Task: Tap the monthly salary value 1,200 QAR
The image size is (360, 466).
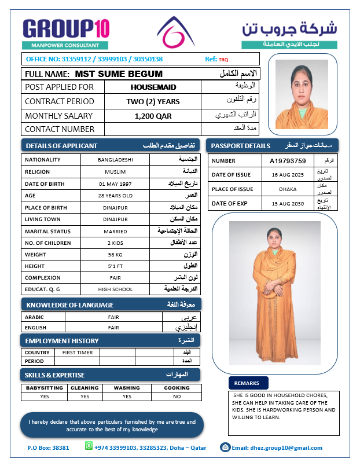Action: [153, 116]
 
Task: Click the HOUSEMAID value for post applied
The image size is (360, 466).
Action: [153, 87]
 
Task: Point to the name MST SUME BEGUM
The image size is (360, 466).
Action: [119, 74]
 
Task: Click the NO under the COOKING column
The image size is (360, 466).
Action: [177, 397]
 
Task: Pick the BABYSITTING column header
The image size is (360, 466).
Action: [45, 388]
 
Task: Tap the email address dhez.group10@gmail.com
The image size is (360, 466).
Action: [285, 447]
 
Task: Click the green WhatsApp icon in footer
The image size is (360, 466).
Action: [89, 446]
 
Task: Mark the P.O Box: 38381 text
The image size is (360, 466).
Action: [48, 447]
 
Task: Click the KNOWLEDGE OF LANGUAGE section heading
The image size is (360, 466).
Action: [70, 305]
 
